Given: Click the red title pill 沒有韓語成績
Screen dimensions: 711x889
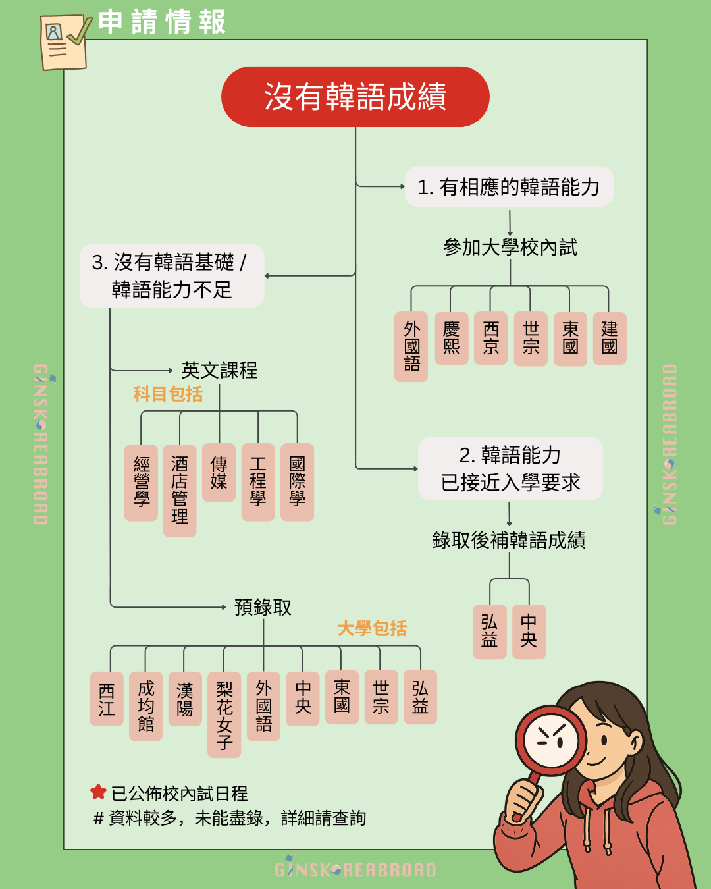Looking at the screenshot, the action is [355, 97].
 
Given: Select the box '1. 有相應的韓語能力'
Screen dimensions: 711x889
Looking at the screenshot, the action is [509, 187].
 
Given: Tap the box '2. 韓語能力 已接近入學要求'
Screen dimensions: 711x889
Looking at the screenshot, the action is [510, 469].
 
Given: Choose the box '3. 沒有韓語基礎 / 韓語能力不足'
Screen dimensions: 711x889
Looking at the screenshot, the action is [172, 276].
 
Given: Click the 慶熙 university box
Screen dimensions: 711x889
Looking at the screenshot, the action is [451, 338].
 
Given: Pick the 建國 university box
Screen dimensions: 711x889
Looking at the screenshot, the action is [610, 338].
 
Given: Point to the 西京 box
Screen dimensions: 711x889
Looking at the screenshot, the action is [490, 338].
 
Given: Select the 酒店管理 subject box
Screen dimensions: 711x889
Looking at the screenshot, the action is [180, 490].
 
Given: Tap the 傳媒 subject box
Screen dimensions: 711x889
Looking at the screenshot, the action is [219, 473].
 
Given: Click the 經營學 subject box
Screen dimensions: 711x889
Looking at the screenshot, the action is [141, 482].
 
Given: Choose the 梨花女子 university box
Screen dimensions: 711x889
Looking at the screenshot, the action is [224, 714].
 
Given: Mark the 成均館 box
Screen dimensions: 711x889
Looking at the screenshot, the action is [146, 706].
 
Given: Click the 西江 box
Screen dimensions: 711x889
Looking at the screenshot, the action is [107, 699].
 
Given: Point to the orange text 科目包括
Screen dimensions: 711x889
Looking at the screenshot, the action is [168, 394].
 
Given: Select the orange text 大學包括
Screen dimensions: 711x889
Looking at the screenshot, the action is [372, 628].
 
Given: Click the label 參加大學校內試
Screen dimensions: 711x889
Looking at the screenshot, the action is [510, 248].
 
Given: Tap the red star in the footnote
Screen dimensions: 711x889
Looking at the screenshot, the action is [98, 792].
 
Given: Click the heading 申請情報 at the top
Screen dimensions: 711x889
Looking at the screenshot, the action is [162, 22].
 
